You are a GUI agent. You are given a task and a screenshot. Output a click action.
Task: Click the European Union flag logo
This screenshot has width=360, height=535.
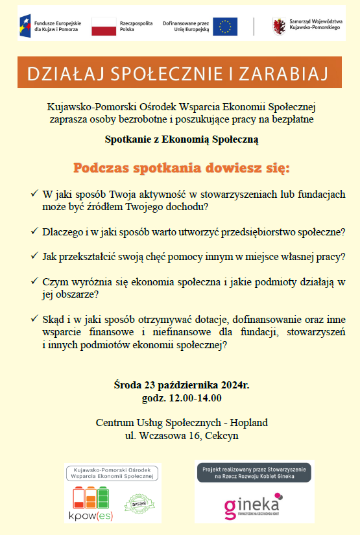click(x=226, y=27)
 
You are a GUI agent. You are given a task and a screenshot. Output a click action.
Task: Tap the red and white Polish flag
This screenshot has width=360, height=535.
click(x=103, y=27)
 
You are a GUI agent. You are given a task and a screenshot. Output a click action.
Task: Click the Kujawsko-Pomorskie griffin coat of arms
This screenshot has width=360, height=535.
click(x=280, y=27)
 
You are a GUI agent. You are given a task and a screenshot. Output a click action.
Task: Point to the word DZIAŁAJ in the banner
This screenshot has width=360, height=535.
click(x=58, y=73)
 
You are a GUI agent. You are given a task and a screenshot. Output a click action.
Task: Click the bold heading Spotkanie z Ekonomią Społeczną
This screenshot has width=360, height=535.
click(x=182, y=139)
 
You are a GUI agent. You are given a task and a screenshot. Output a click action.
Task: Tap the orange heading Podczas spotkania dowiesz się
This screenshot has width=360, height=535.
click(x=182, y=169)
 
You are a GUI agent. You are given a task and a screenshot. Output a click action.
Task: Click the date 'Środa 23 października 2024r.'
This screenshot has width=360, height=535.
click(x=182, y=385)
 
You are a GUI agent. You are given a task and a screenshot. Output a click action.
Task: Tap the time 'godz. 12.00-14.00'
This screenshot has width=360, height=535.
click(x=182, y=398)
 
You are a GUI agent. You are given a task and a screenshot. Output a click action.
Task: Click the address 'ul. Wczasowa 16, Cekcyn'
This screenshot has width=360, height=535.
click(x=182, y=436)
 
